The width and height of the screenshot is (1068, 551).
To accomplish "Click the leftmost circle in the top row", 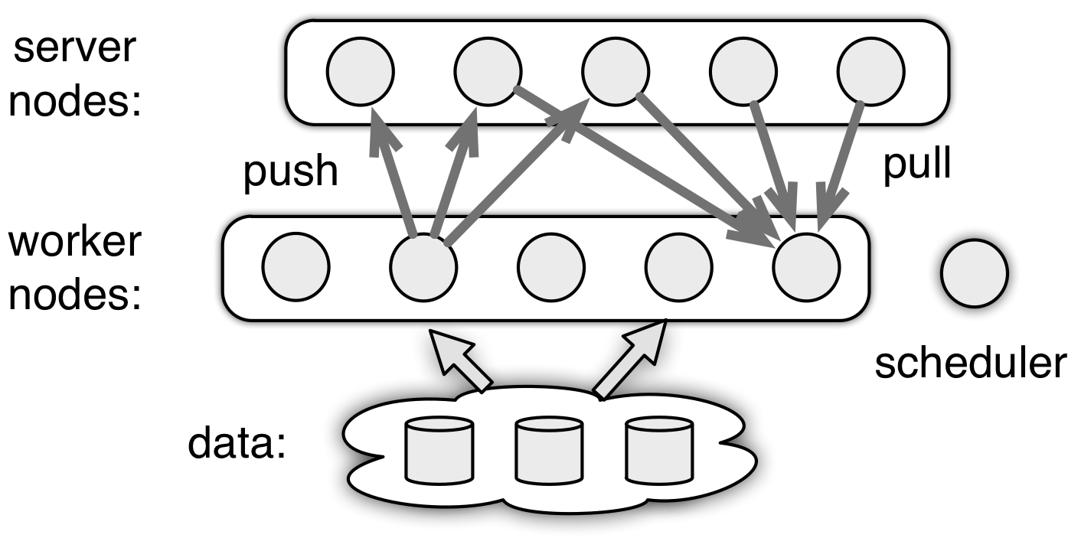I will [x=361, y=71].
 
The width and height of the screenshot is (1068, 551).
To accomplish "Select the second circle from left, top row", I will [x=488, y=71].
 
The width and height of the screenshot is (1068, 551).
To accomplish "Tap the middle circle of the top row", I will [x=616, y=71].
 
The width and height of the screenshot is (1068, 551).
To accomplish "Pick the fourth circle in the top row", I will [x=743, y=71].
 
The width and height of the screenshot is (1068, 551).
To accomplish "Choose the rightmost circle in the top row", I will [x=871, y=71].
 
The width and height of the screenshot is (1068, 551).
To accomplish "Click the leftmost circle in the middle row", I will [x=296, y=267].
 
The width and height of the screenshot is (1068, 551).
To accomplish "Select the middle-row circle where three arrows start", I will [x=423, y=267].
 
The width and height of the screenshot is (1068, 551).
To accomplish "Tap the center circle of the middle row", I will [x=551, y=267].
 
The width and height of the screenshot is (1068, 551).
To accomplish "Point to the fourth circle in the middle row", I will [x=679, y=267].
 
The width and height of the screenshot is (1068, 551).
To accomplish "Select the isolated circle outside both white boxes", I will [x=975, y=273].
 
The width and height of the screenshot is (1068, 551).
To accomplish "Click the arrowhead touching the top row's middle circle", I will [x=573, y=119].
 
